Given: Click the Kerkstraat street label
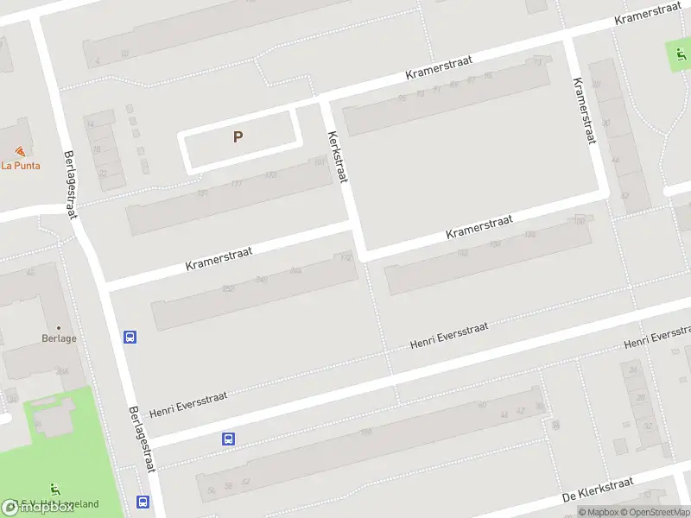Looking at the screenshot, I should [337, 156].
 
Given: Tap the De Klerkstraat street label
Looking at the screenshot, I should [598, 490].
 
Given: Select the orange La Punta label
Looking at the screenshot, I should [21, 165].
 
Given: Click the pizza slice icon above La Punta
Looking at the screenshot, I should [20, 151].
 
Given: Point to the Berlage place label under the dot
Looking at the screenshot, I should [59, 338].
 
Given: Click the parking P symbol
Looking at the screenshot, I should [238, 136].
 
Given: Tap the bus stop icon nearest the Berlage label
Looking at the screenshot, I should [130, 337].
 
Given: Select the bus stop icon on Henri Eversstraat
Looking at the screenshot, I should [228, 439].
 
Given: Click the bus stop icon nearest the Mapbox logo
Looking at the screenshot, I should [142, 502].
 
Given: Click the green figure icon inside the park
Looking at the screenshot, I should [56, 489].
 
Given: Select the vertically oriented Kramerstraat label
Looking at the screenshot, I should [585, 111].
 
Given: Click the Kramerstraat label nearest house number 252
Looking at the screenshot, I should [219, 259].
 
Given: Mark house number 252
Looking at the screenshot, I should [228, 289].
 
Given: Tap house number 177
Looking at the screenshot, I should [236, 184].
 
